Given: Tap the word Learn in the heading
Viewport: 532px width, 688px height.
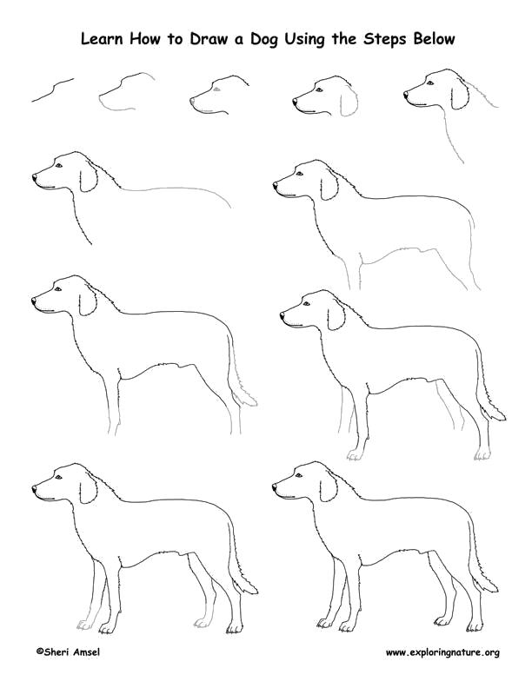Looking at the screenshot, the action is tap(103, 38).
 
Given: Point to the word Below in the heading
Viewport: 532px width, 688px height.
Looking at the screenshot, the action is tap(433, 38).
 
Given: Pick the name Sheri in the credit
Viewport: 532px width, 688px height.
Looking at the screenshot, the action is tap(56, 652).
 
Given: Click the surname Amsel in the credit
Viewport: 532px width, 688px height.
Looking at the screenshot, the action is tap(85, 652).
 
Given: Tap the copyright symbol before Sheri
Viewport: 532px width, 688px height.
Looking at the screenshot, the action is tap(39, 652).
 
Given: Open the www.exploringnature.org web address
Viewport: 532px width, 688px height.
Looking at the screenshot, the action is tap(442, 653).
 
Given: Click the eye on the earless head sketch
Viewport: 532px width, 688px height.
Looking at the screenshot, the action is tap(216, 89).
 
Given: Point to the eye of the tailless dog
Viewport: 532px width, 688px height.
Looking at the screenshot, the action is tap(299, 174).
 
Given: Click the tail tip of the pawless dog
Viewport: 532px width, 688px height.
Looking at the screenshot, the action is tap(255, 402).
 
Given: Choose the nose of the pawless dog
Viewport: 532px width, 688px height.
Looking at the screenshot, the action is tap(34, 301).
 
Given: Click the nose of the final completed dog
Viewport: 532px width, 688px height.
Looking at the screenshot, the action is tap(275, 487).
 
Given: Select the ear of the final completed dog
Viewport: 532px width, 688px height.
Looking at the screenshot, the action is tap(329, 487).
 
